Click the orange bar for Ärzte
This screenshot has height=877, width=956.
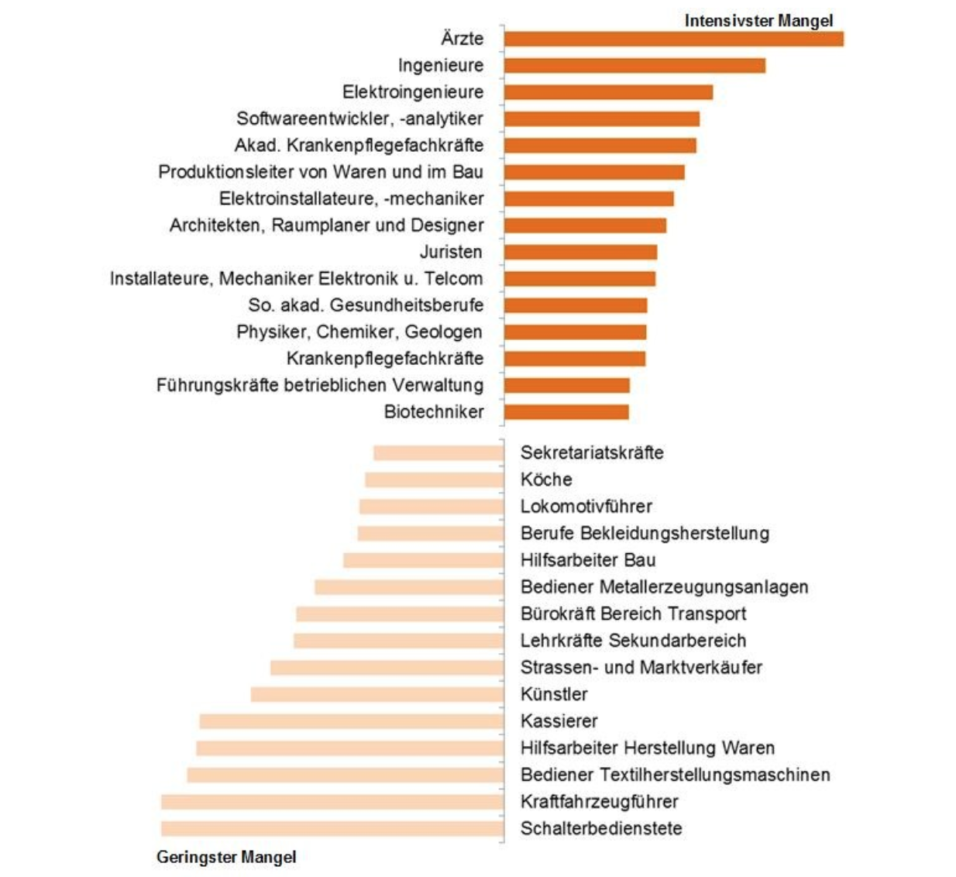tap(673, 39)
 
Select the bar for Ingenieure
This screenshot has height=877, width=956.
tap(634, 65)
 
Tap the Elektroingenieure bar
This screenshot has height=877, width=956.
tap(608, 92)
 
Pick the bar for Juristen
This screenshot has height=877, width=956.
tap(580, 252)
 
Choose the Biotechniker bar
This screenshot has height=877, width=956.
tap(566, 411)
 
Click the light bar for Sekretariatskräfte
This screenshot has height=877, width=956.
tap(438, 452)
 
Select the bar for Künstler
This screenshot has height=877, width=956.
tap(377, 694)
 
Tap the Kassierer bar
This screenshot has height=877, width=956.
tap(352, 721)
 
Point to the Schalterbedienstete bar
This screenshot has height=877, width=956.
tap(332, 828)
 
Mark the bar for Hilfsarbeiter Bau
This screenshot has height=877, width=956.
tap(424, 560)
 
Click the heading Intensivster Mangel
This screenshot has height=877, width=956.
tap(758, 21)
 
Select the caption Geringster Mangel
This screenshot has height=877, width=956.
tap(226, 857)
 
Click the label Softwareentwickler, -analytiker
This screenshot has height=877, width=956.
tap(359, 119)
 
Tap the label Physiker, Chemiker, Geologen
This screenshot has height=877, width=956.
tap(359, 332)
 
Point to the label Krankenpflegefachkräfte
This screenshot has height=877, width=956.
tap(385, 358)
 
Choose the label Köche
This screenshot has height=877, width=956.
tap(546, 480)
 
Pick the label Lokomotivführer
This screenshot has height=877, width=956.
tap(586, 507)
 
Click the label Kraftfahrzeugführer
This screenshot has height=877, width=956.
tap(599, 801)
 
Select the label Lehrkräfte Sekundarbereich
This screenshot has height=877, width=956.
tap(633, 641)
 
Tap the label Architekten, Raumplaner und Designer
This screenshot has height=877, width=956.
tap(327, 225)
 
